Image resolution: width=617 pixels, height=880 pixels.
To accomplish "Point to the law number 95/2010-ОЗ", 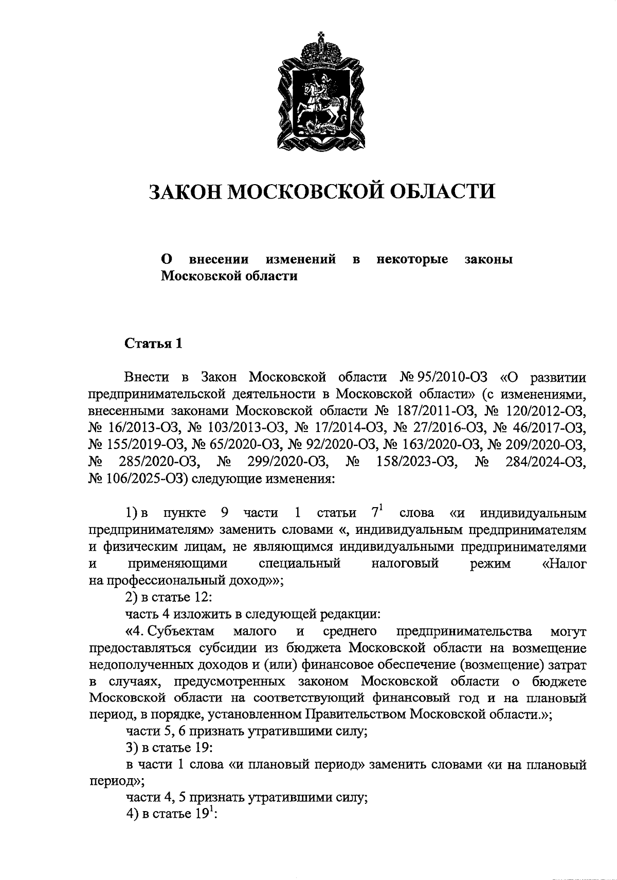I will [x=451, y=378].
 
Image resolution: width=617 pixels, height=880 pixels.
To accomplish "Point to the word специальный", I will [x=300, y=563].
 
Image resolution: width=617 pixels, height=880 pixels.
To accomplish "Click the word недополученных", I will [x=138, y=665].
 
